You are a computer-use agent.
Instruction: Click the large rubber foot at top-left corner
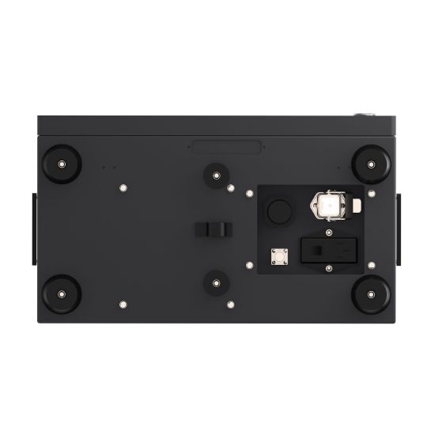(60, 163)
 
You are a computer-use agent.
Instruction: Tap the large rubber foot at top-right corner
(369, 163)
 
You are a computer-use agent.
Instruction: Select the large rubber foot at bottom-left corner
(60, 294)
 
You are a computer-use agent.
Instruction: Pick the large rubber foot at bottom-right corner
(369, 294)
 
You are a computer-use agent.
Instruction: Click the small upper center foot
(214, 175)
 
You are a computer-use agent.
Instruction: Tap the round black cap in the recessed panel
(279, 210)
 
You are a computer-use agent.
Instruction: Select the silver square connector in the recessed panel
(278, 256)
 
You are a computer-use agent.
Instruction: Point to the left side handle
(33, 229)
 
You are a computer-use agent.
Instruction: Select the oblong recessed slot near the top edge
(227, 146)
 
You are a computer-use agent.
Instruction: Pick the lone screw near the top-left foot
(123, 187)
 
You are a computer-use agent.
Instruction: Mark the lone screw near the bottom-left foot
(123, 302)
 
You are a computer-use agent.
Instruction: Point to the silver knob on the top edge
(366, 115)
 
